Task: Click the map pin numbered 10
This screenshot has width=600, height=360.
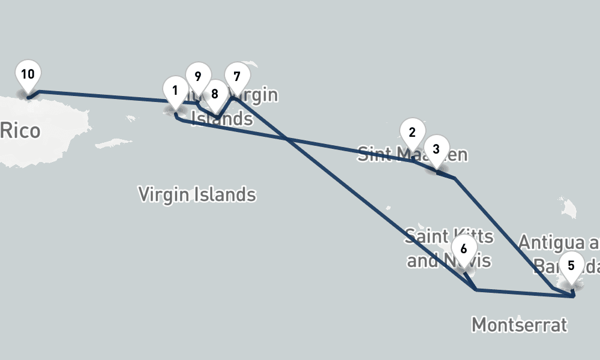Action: coord(28,74)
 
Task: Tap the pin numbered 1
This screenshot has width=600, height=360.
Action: coord(175,91)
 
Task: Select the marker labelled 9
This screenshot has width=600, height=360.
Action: coord(197,77)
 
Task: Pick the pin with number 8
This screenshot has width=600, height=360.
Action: coord(215,94)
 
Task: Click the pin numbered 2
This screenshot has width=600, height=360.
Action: coord(412,133)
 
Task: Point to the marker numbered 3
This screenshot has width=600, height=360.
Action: coord(436,149)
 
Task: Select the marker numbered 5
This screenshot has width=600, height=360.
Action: coord(571,265)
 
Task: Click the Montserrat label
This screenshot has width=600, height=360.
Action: coord(519,325)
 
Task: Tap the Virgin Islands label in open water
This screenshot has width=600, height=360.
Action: coord(197,195)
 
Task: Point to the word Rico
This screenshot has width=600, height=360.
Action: coord(20,131)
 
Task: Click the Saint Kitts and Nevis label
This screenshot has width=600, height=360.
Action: coord(449,248)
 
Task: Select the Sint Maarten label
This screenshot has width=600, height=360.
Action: coord(412,155)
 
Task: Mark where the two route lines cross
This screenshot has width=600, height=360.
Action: coord(289,139)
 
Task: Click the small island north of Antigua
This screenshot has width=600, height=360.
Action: coord(568,206)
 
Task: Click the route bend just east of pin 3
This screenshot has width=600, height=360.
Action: coord(454,178)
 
